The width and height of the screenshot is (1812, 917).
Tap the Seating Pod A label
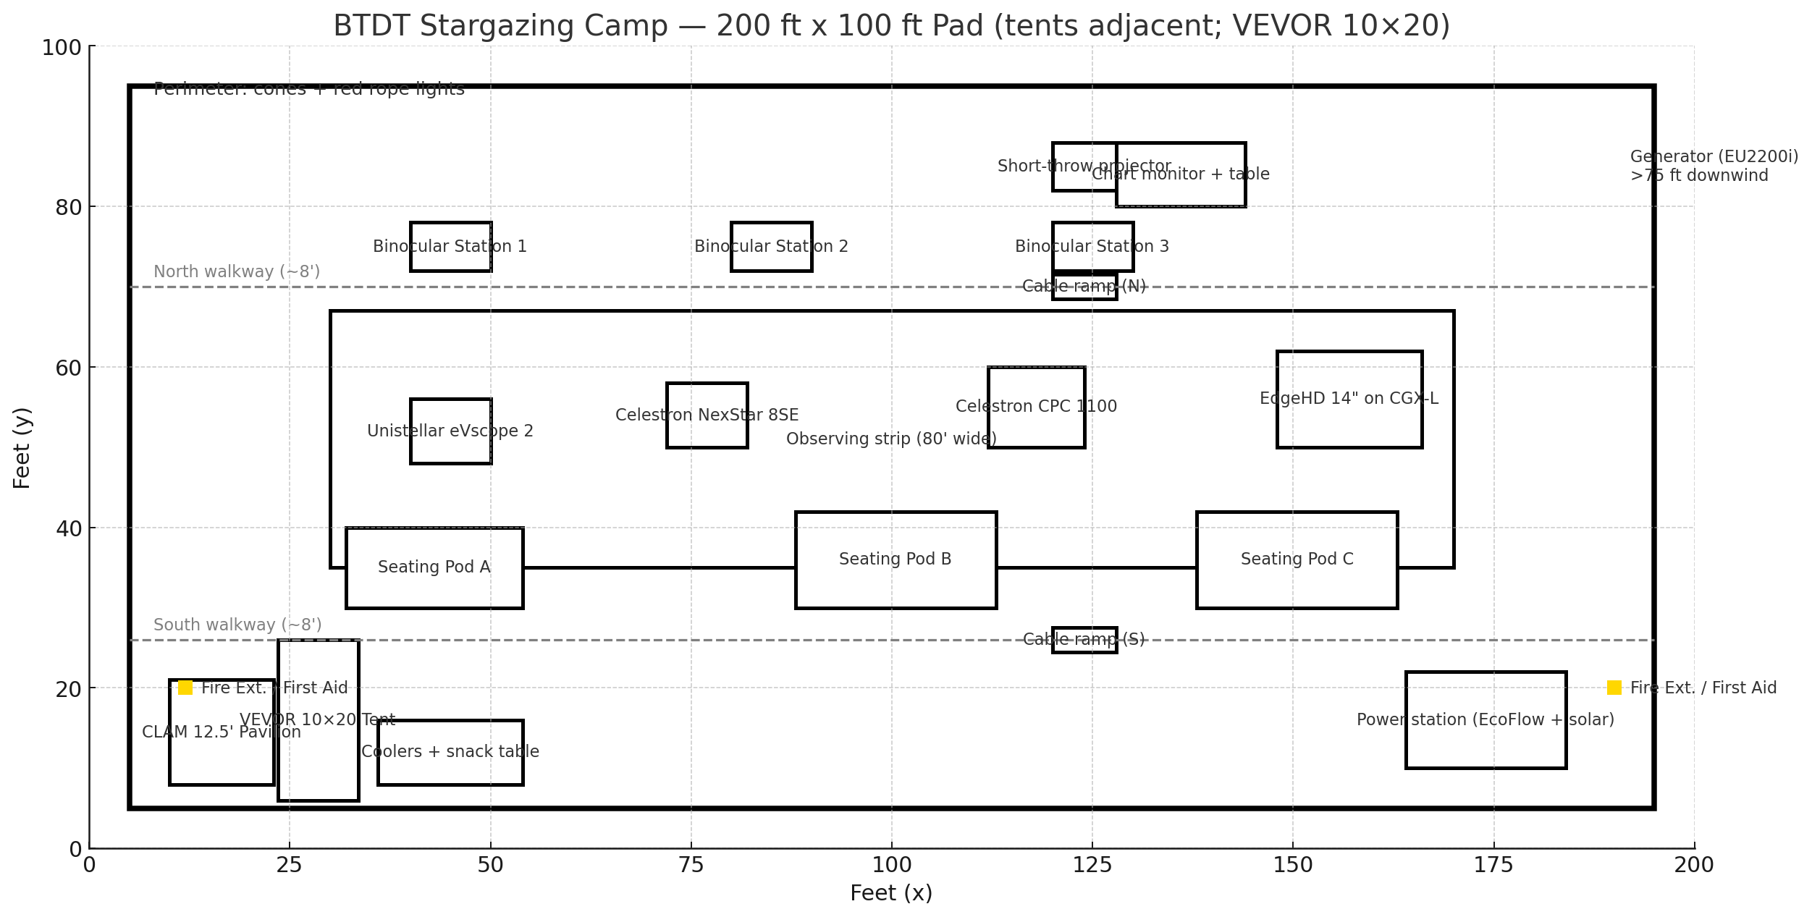(434, 567)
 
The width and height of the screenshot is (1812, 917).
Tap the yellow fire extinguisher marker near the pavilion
(185, 688)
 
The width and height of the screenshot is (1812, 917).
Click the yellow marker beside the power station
(1614, 688)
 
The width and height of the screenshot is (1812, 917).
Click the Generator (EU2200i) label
(1714, 157)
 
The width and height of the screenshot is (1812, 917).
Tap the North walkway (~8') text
(236, 271)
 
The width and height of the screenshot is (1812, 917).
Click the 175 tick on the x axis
(1493, 865)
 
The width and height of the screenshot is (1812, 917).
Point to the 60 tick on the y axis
(68, 368)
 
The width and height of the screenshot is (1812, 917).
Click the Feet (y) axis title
(22, 448)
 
